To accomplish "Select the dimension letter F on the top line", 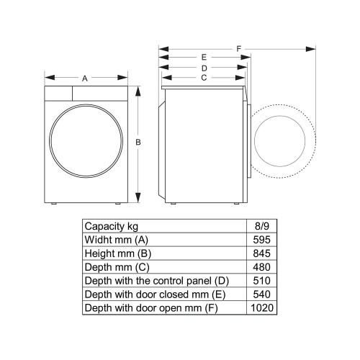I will pyautogui.click(x=238, y=49).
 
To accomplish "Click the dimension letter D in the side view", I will pyautogui.click(x=204, y=68).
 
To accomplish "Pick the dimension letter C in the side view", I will pyautogui.click(x=204, y=78).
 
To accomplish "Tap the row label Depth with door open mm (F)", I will pyautogui.click(x=151, y=309).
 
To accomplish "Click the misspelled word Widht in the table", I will pyautogui.click(x=99, y=238).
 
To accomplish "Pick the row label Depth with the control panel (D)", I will pyautogui.click(x=156, y=281).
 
